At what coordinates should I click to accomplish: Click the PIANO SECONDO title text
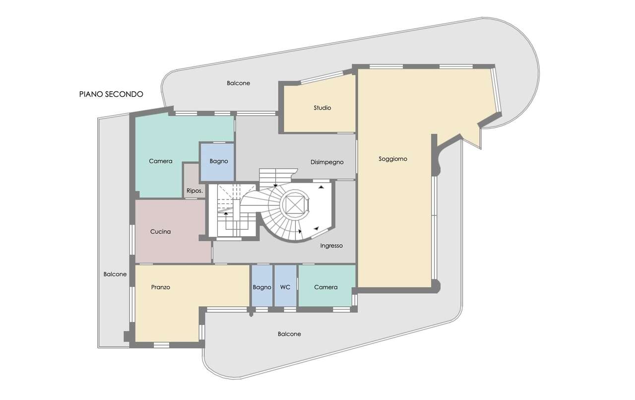pos(111,94)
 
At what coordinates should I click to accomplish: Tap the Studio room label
pos(322,108)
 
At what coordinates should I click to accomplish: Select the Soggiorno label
pos(393,159)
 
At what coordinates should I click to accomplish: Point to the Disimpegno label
pos(327,162)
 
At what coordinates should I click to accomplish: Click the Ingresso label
pos(331,246)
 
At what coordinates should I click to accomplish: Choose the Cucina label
pos(160,231)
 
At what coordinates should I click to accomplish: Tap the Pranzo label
pos(160,287)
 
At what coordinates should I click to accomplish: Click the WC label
pos(285,287)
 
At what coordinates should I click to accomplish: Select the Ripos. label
pos(194,191)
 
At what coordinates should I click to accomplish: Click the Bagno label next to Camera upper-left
pos(219,161)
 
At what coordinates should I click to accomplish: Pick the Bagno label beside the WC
pos(262,287)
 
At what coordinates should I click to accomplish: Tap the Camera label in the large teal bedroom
pos(160,161)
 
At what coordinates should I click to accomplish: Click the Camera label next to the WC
pos(326,287)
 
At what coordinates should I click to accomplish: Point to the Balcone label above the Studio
pos(239,83)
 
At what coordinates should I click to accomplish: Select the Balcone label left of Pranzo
pos(115,274)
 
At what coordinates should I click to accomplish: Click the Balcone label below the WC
pos(289,334)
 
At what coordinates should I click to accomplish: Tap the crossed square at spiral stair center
pos(295,204)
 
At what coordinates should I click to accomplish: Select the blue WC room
pos(285,285)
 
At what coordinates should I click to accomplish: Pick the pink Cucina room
pos(170,231)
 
